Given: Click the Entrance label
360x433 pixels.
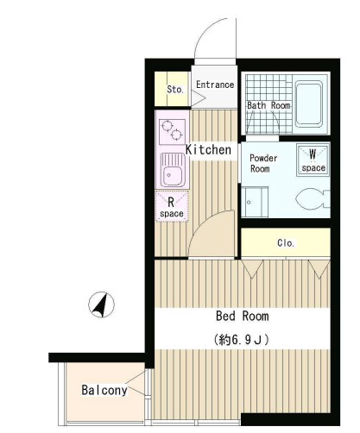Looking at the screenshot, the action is [215, 85].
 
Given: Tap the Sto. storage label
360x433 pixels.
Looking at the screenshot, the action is [175, 89].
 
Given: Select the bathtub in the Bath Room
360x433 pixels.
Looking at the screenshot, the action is [309, 104].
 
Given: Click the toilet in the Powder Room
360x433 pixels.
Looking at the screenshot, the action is [313, 199].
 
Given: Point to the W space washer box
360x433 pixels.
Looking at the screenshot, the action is [313, 160].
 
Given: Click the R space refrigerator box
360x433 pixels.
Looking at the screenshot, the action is [172, 206].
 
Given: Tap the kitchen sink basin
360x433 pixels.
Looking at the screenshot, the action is [173, 170].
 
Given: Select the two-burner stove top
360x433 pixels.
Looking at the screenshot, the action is [172, 131].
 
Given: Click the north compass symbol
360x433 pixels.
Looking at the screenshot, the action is [101, 304].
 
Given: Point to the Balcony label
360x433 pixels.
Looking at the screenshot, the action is [104, 390].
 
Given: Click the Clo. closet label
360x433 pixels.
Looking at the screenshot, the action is [286, 243].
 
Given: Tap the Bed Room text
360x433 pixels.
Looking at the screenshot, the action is [243, 316].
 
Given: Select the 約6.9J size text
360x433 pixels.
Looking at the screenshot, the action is [242, 340].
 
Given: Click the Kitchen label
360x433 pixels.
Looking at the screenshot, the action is [208, 149].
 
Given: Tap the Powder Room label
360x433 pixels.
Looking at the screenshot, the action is [263, 163].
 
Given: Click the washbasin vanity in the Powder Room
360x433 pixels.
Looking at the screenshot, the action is [255, 202].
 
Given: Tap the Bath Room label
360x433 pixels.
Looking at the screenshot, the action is [268, 105].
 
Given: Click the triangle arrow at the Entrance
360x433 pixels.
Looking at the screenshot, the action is [198, 98].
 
